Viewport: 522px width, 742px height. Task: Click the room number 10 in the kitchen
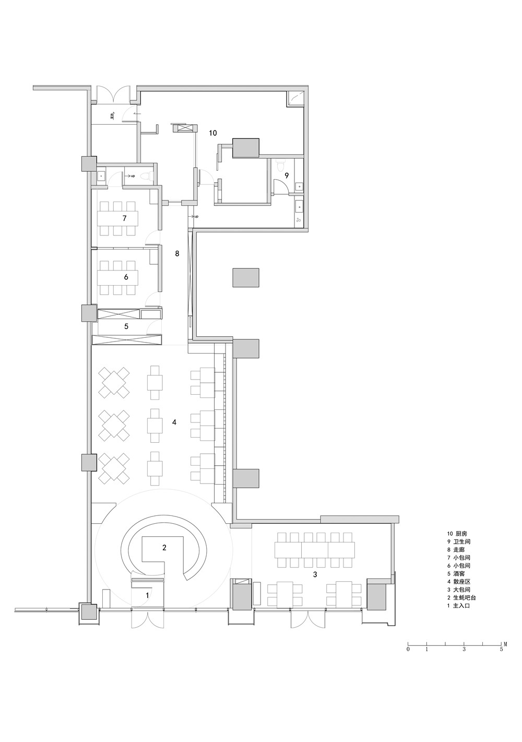click(212, 133)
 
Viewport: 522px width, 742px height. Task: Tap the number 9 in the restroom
click(287, 175)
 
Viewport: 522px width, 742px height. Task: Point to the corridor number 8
click(177, 253)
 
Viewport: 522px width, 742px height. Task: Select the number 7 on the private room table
click(125, 218)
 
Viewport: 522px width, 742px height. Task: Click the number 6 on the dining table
click(126, 277)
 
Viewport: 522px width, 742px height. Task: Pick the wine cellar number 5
click(126, 326)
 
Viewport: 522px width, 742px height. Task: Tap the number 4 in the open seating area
click(174, 422)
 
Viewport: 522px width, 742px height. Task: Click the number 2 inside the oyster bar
click(164, 548)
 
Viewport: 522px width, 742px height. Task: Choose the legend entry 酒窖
click(461, 573)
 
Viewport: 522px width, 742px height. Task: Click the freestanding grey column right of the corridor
click(245, 278)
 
